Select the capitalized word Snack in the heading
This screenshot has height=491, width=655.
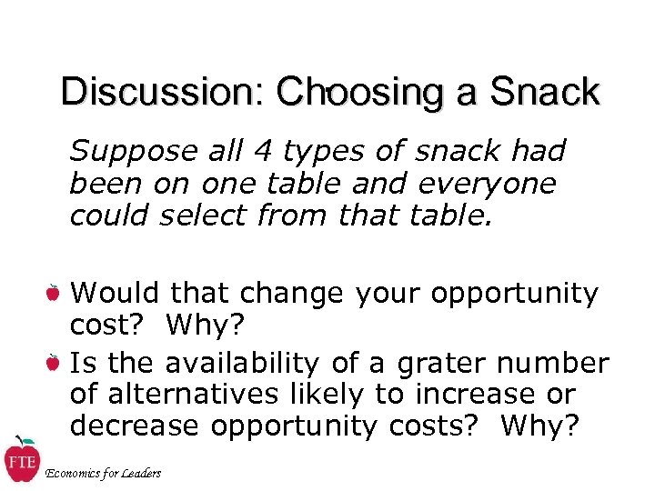(x=544, y=93)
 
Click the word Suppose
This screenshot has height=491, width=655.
(x=131, y=151)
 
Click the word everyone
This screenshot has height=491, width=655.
(x=486, y=185)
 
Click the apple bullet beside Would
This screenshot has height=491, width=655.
(x=54, y=293)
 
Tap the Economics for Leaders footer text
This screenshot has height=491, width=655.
(x=103, y=472)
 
